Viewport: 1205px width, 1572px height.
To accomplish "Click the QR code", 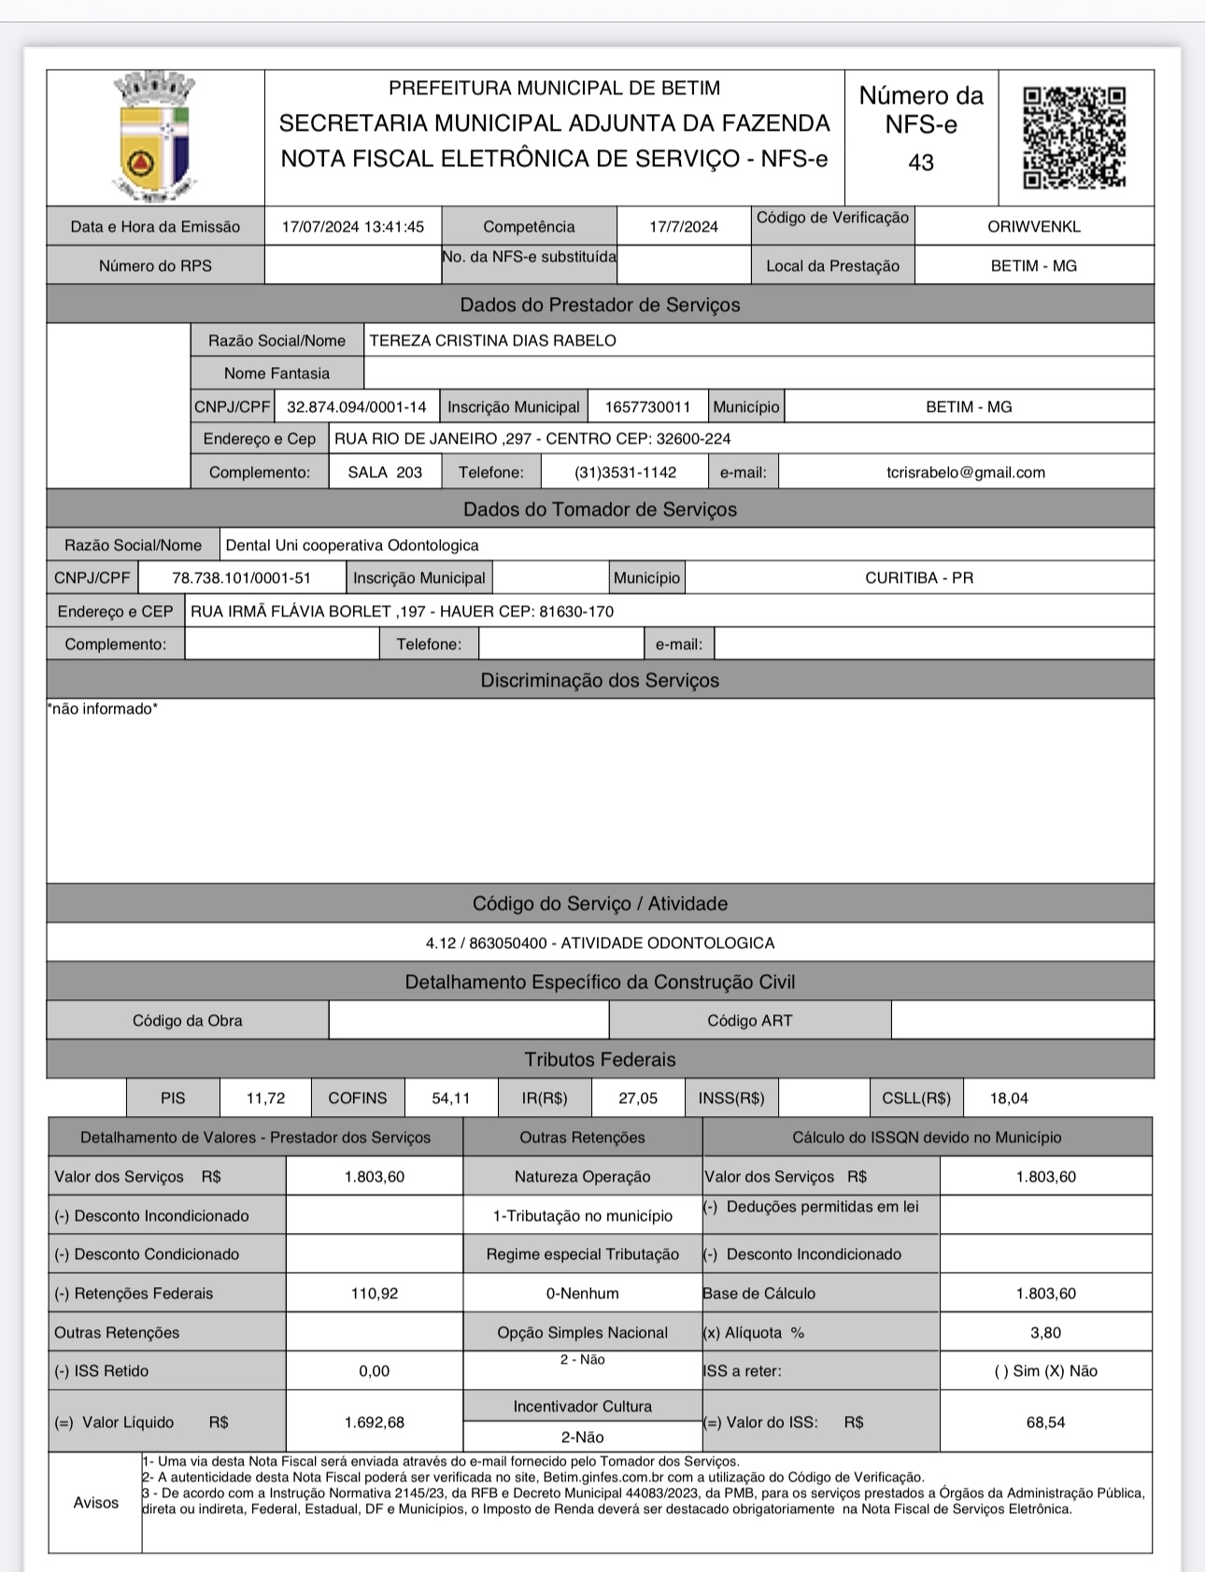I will (1074, 137).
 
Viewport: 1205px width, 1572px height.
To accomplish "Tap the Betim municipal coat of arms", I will (155, 137).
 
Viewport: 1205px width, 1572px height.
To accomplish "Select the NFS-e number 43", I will (921, 163).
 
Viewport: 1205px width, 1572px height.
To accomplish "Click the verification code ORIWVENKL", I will (1033, 227).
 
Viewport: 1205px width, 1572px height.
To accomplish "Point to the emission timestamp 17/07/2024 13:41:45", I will (352, 227).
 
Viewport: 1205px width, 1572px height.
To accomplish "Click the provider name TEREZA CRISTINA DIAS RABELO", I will (492, 341).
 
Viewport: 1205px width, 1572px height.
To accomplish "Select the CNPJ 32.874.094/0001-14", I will (356, 407).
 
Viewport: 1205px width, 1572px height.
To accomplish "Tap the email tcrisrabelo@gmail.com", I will (965, 473).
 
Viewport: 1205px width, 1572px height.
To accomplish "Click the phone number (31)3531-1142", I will (625, 473).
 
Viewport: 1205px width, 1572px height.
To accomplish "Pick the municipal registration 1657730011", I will (647, 407).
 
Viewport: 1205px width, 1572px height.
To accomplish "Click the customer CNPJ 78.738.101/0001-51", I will (241, 578).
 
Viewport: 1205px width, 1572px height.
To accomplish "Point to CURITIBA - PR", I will (918, 578).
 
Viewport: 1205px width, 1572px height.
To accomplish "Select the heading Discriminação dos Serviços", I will (600, 681).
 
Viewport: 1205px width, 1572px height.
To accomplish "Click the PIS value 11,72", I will (265, 1098).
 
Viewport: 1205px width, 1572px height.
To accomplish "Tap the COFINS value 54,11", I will (450, 1098).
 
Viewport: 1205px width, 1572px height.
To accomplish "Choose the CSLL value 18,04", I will (1009, 1098).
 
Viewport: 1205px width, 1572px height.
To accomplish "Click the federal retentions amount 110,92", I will (374, 1294).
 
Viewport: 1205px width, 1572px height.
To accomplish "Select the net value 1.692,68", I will (374, 1423).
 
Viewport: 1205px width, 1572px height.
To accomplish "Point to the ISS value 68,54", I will (1045, 1423).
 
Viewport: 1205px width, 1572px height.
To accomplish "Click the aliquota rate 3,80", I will (1045, 1333).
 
